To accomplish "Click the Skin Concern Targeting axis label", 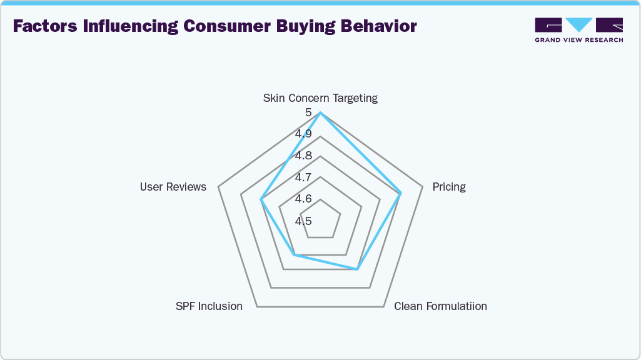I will click(x=320, y=98).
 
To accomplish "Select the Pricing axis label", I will click(x=449, y=187).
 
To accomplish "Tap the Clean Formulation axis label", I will click(x=440, y=306).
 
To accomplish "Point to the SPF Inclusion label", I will click(x=209, y=306).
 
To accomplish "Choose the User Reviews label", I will click(x=173, y=187).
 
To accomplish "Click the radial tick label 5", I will click(x=308, y=112).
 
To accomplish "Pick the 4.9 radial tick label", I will click(x=304, y=134).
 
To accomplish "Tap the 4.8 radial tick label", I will click(x=304, y=156).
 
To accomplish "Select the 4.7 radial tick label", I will click(x=304, y=177).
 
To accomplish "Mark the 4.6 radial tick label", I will click(x=304, y=199).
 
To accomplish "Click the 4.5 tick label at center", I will click(x=304, y=221).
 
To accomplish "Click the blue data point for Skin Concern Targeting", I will click(x=320, y=112).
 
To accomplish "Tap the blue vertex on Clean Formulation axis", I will click(x=357, y=269).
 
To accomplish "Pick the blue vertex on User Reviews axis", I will click(x=261, y=200).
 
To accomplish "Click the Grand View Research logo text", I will click(x=578, y=40).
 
